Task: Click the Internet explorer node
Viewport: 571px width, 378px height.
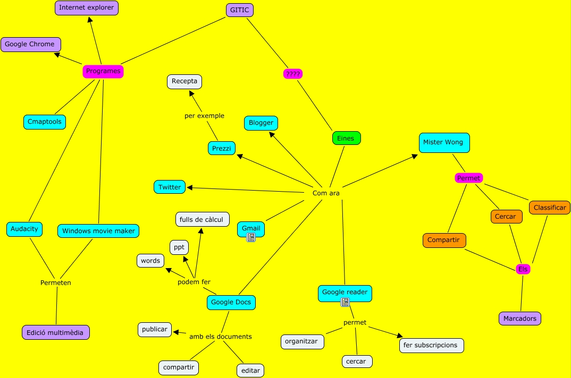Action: [x=87, y=8]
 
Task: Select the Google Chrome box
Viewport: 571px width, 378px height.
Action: [x=30, y=45]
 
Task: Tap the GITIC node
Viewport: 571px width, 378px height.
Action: [x=239, y=10]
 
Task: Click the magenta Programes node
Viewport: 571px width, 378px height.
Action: [x=103, y=71]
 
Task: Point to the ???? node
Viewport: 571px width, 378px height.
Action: [x=293, y=74]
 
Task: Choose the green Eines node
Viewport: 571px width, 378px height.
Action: [x=346, y=139]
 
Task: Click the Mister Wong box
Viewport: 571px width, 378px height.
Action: [x=443, y=142]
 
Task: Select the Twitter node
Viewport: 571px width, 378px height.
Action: [x=170, y=187]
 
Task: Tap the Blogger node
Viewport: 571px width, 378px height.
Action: [x=261, y=123]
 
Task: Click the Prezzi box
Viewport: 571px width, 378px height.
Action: [x=221, y=149]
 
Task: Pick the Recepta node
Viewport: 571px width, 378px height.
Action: [x=184, y=82]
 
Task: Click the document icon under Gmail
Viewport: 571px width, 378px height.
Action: [x=251, y=238]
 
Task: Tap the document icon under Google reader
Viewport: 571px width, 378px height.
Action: [x=345, y=302]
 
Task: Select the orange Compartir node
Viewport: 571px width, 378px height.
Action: [x=444, y=240]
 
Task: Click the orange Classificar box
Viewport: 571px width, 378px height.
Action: [x=549, y=208]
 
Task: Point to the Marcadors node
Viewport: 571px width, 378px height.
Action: [x=519, y=319]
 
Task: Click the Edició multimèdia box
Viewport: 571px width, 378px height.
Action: [x=56, y=333]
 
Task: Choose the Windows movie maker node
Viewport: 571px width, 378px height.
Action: [x=98, y=231]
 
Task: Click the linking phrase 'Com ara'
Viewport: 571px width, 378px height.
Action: [x=326, y=193]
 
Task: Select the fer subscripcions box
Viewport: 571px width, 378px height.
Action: [x=431, y=345]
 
